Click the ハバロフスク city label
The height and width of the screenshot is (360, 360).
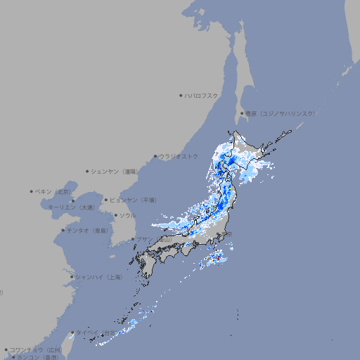pos(201,95)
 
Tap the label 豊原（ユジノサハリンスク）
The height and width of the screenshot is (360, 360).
pos(280,113)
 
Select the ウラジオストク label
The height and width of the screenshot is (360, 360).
pos(179,156)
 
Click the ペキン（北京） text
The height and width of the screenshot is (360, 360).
pos(53,191)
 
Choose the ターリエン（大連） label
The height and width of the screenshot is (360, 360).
pos(71,207)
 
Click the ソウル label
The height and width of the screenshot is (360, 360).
pos(127,215)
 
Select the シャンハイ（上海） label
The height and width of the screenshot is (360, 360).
pos(98,277)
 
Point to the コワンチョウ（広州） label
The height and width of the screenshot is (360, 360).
pos(35,349)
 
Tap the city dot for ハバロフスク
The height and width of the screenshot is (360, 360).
pos(181,95)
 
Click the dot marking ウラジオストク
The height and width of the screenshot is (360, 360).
pos(155,156)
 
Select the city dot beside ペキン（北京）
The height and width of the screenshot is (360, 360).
pos(32,191)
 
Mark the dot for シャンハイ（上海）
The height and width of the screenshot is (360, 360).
pos(72,277)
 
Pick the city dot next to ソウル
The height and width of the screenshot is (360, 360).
pos(115,215)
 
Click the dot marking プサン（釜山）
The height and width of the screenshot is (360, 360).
pos(132,239)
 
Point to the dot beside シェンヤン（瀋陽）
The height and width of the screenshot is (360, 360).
pos(88,171)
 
